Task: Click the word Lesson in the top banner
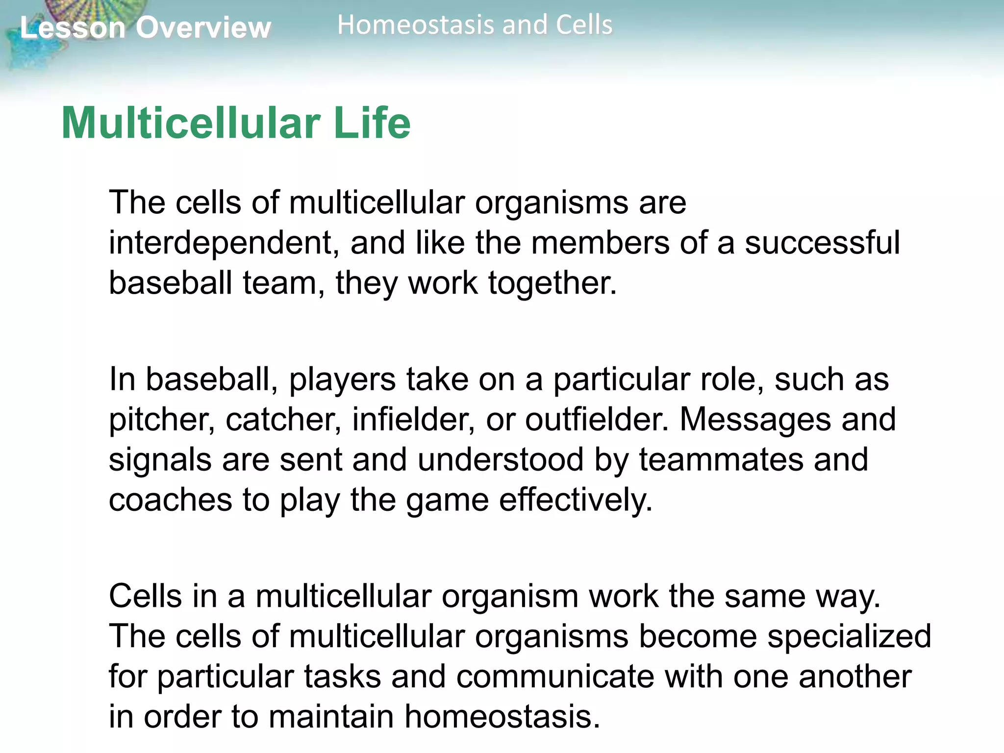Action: coord(73,27)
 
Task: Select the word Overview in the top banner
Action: coord(203,27)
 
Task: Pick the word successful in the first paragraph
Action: coord(822,243)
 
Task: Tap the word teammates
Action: coord(721,460)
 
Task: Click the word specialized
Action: coord(849,636)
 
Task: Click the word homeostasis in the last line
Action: coord(502,717)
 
